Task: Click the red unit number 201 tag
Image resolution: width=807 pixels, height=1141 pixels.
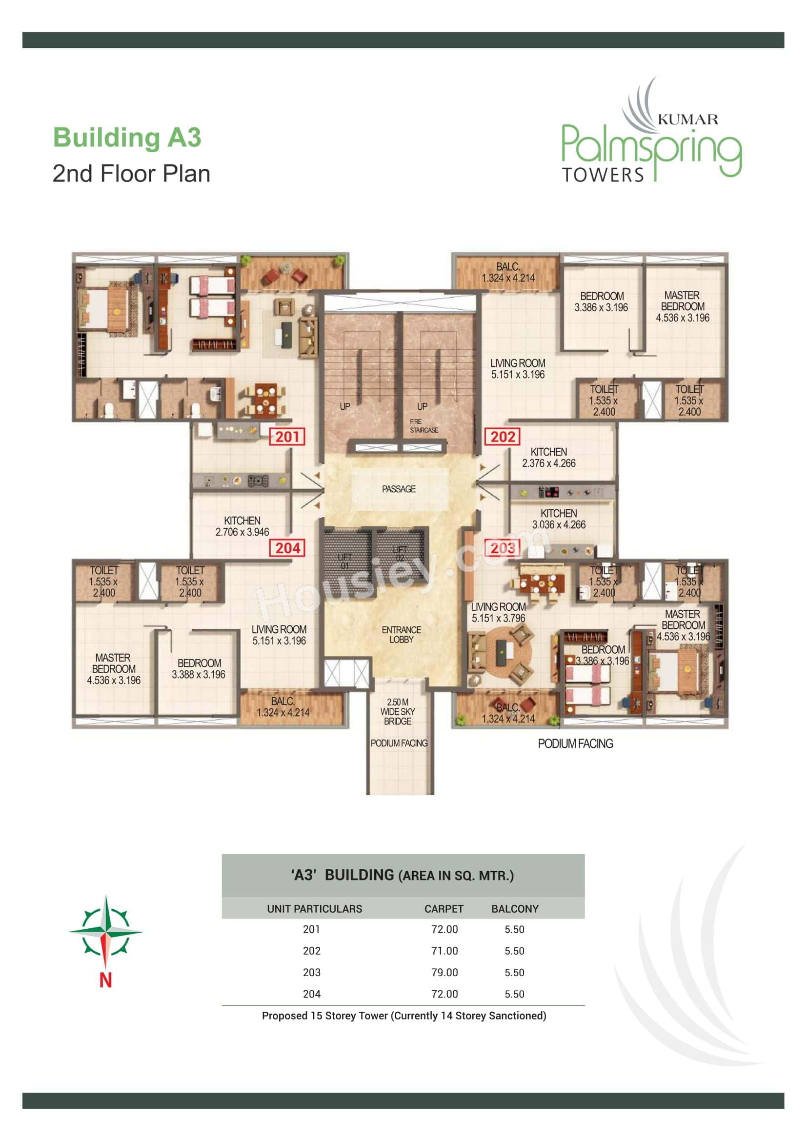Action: [x=287, y=437]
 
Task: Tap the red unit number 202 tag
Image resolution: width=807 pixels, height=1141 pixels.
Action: [x=503, y=437]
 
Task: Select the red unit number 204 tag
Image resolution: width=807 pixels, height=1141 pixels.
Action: [x=288, y=548]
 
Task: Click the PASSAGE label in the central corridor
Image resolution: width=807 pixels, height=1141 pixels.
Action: [x=399, y=489]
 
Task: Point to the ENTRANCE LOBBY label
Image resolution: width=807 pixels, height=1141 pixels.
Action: [x=401, y=635]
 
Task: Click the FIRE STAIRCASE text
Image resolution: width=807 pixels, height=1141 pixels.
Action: [x=424, y=426]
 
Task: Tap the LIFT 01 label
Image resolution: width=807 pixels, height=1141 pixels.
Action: [x=345, y=561]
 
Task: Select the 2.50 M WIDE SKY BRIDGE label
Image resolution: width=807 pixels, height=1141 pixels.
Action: [x=398, y=712]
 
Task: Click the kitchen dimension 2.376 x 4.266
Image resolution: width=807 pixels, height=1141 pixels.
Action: [x=548, y=463]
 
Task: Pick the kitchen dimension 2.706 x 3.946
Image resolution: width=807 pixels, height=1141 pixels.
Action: [x=242, y=532]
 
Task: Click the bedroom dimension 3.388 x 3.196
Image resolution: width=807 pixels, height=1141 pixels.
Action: [x=198, y=674]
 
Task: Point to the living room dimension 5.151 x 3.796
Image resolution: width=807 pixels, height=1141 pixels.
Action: [x=498, y=618]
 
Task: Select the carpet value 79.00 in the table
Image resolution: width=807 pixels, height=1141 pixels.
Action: [x=444, y=973]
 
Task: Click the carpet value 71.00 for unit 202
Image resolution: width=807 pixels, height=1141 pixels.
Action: [x=444, y=951]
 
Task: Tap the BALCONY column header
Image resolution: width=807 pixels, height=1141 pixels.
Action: [x=515, y=909]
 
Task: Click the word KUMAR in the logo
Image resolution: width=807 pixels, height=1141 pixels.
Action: [x=688, y=119]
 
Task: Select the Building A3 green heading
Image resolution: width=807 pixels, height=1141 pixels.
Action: [x=127, y=138]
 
